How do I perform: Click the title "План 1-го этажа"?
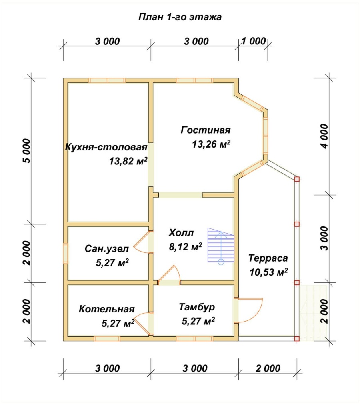pyautogui.click(x=180, y=17)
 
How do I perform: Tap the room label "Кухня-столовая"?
pyautogui.click(x=106, y=147)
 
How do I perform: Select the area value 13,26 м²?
pyautogui.click(x=211, y=144)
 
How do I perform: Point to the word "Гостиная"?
pyautogui.click(x=206, y=130)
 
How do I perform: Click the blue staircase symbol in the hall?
pyautogui.click(x=221, y=245)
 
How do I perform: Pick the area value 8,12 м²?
pyautogui.click(x=185, y=246)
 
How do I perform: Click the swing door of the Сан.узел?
pyautogui.click(x=141, y=243)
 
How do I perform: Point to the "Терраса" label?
pyautogui.click(x=268, y=258)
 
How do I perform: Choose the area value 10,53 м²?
pyautogui.click(x=268, y=272)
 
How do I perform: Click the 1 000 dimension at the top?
pyautogui.click(x=253, y=41)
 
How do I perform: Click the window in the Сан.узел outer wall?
pyautogui.click(x=65, y=254)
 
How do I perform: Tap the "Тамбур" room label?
pyautogui.click(x=197, y=307)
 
